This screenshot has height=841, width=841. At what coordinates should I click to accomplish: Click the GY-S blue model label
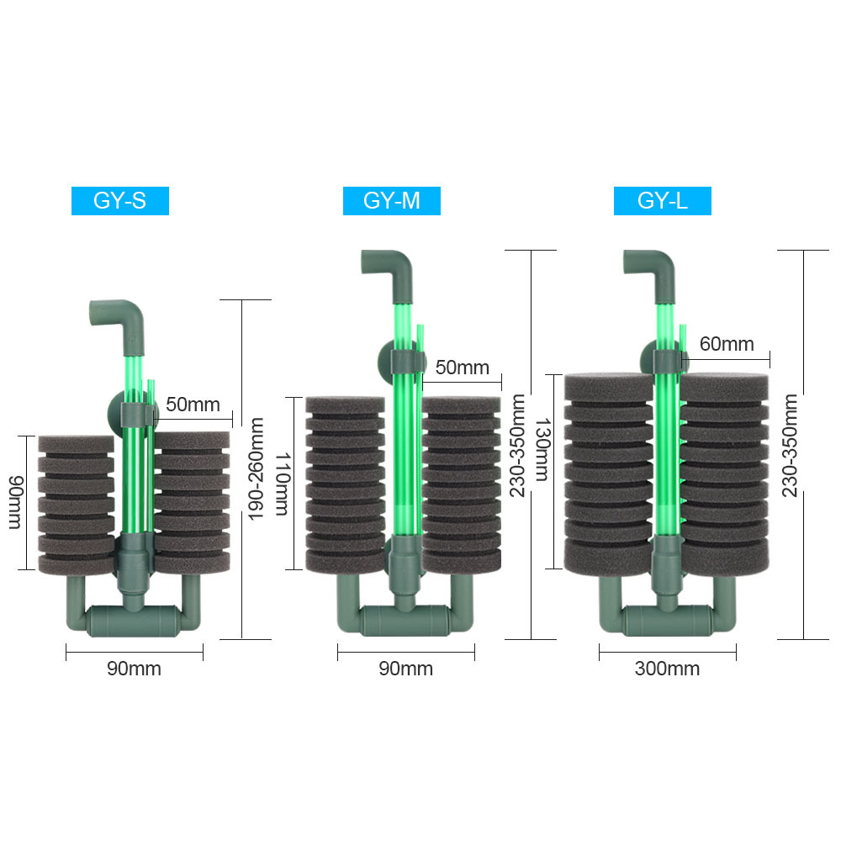click(120, 201)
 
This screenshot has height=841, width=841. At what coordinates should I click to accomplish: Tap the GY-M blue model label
click(392, 201)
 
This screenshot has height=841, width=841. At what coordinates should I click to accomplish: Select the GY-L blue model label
click(663, 201)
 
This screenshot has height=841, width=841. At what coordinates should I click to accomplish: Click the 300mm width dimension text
click(667, 669)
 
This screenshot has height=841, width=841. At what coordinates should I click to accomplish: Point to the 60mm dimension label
click(727, 344)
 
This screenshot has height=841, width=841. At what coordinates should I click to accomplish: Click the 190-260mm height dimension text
click(256, 468)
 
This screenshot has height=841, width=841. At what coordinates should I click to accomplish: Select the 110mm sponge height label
click(282, 484)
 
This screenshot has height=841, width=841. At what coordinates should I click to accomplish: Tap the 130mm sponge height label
click(542, 450)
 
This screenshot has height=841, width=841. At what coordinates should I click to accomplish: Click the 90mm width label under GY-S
click(134, 669)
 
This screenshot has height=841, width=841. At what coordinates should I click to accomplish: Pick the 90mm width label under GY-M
click(406, 669)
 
